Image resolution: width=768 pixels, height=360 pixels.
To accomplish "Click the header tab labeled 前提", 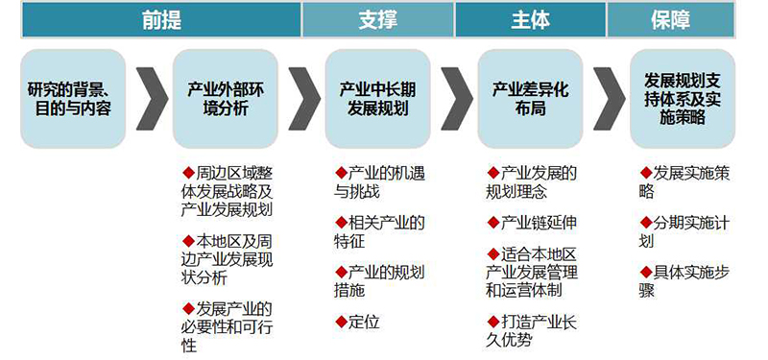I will click(160, 18).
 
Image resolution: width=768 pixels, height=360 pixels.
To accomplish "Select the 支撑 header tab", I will click(377, 18).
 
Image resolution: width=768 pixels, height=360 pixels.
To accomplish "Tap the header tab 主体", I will click(530, 18).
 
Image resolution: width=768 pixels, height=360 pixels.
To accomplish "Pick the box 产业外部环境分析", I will click(226, 99).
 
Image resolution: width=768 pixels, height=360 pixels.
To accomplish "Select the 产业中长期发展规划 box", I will click(377, 99).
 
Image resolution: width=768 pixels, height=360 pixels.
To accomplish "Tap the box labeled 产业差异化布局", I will click(530, 99).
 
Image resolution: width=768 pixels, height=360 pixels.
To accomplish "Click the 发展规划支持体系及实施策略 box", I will click(683, 99).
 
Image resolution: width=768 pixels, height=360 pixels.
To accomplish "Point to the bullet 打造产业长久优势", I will click(532, 330).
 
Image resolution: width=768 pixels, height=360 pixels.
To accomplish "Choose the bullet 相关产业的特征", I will click(379, 231).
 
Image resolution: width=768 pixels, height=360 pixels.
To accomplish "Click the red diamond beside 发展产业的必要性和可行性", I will click(188, 307).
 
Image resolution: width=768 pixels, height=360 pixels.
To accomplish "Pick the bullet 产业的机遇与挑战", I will click(379, 181).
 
